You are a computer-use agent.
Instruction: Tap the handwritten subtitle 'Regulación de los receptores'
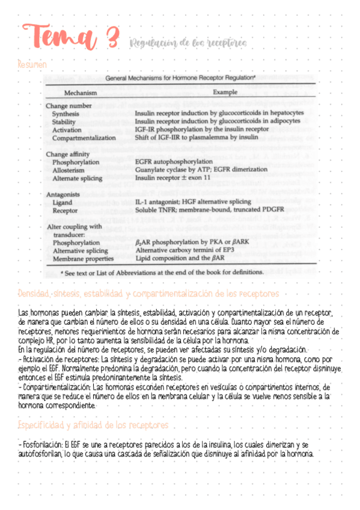coord(188,44)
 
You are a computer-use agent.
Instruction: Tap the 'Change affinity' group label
coord(70,154)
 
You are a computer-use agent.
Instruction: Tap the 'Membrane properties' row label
coord(83,259)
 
